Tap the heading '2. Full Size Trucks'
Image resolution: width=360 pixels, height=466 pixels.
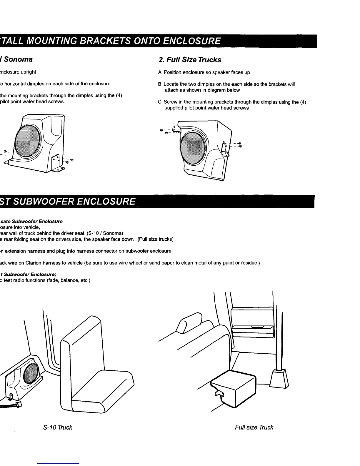point(190,60)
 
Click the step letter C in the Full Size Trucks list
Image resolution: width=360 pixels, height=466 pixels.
point(159,102)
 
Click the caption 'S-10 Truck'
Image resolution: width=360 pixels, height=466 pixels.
point(57,427)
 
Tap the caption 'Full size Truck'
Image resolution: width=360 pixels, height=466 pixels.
point(254,427)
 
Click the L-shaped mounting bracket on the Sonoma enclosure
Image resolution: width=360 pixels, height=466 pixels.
point(57,163)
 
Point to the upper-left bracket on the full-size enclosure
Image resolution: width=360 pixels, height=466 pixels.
point(176,129)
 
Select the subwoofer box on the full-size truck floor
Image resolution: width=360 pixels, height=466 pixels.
point(234,385)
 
